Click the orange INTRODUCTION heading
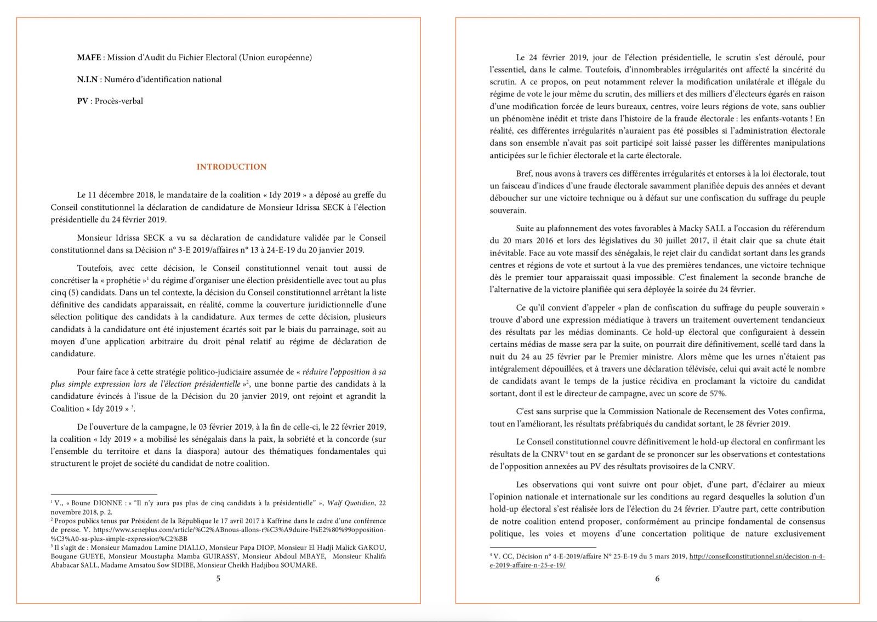click(231, 167)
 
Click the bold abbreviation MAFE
click(89, 58)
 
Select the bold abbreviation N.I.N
click(87, 79)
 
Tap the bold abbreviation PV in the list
click(83, 101)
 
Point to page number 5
click(218, 578)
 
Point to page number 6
click(657, 578)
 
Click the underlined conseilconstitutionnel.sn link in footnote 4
click(756, 556)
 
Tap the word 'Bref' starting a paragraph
click(524, 173)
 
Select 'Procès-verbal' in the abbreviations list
click(119, 101)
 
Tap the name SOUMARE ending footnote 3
click(297, 565)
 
